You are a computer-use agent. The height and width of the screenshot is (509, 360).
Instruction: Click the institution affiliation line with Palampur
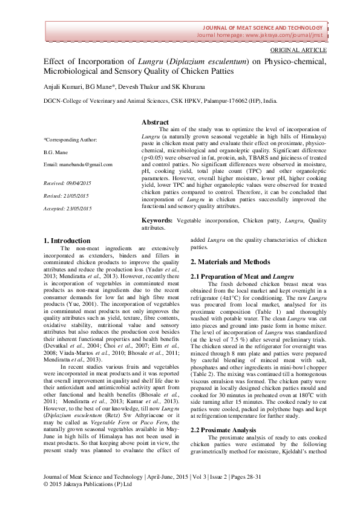[x=160, y=102]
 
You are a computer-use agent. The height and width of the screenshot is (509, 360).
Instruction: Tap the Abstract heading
[x=155, y=122]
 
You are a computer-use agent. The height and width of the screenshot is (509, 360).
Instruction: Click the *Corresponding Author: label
[x=71, y=140]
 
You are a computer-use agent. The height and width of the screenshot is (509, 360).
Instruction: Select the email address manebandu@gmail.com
[x=78, y=164]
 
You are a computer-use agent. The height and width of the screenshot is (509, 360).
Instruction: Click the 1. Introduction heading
[x=67, y=241]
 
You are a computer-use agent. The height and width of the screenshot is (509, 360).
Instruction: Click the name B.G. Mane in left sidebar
[x=58, y=152]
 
